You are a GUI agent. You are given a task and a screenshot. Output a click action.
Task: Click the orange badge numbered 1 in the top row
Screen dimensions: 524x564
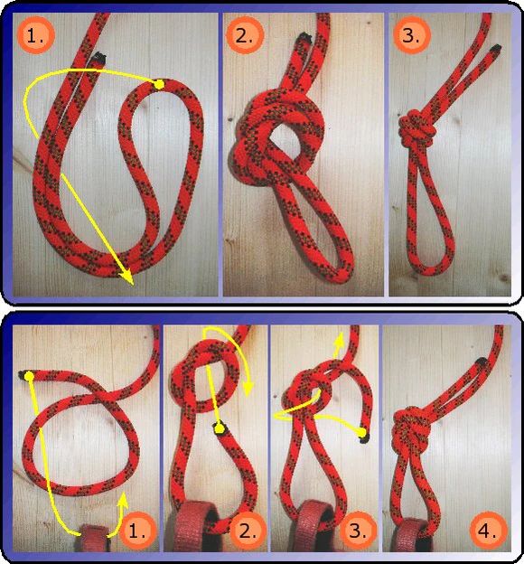[x=35, y=35]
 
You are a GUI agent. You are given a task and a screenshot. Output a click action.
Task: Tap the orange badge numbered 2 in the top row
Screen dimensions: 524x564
[x=245, y=35]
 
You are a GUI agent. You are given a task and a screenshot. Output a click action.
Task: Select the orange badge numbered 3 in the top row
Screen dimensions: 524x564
[x=411, y=35]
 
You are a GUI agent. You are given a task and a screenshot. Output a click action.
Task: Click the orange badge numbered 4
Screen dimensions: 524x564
[x=489, y=531]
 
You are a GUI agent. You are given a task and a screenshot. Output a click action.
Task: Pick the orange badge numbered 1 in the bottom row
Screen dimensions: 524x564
[x=138, y=531]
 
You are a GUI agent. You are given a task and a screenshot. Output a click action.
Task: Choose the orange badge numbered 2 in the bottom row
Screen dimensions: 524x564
[x=248, y=531]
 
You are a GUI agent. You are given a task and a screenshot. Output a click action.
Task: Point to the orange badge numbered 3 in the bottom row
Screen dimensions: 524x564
[x=358, y=531]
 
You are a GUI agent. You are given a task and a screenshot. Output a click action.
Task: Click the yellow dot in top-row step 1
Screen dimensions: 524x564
[x=159, y=85]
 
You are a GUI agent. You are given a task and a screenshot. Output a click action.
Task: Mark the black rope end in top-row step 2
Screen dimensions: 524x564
[x=304, y=37]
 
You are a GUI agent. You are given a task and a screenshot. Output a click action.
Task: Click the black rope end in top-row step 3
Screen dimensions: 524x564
[x=496, y=48]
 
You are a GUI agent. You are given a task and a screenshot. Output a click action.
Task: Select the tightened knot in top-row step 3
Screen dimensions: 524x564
[x=416, y=130]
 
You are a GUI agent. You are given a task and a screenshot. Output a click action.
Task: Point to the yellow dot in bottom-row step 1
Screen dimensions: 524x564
[x=29, y=376]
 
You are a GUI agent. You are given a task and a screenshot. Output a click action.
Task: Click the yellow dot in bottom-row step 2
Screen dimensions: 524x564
[x=219, y=428]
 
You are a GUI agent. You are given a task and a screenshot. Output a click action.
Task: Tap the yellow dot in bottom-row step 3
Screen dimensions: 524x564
[x=361, y=432]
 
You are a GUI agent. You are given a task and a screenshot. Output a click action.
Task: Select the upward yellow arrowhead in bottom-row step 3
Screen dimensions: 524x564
[x=338, y=340]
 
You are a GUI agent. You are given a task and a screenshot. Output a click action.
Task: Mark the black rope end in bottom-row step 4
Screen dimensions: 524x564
[x=482, y=362]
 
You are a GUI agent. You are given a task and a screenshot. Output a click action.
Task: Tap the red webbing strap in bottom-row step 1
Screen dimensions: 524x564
[x=94, y=538]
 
